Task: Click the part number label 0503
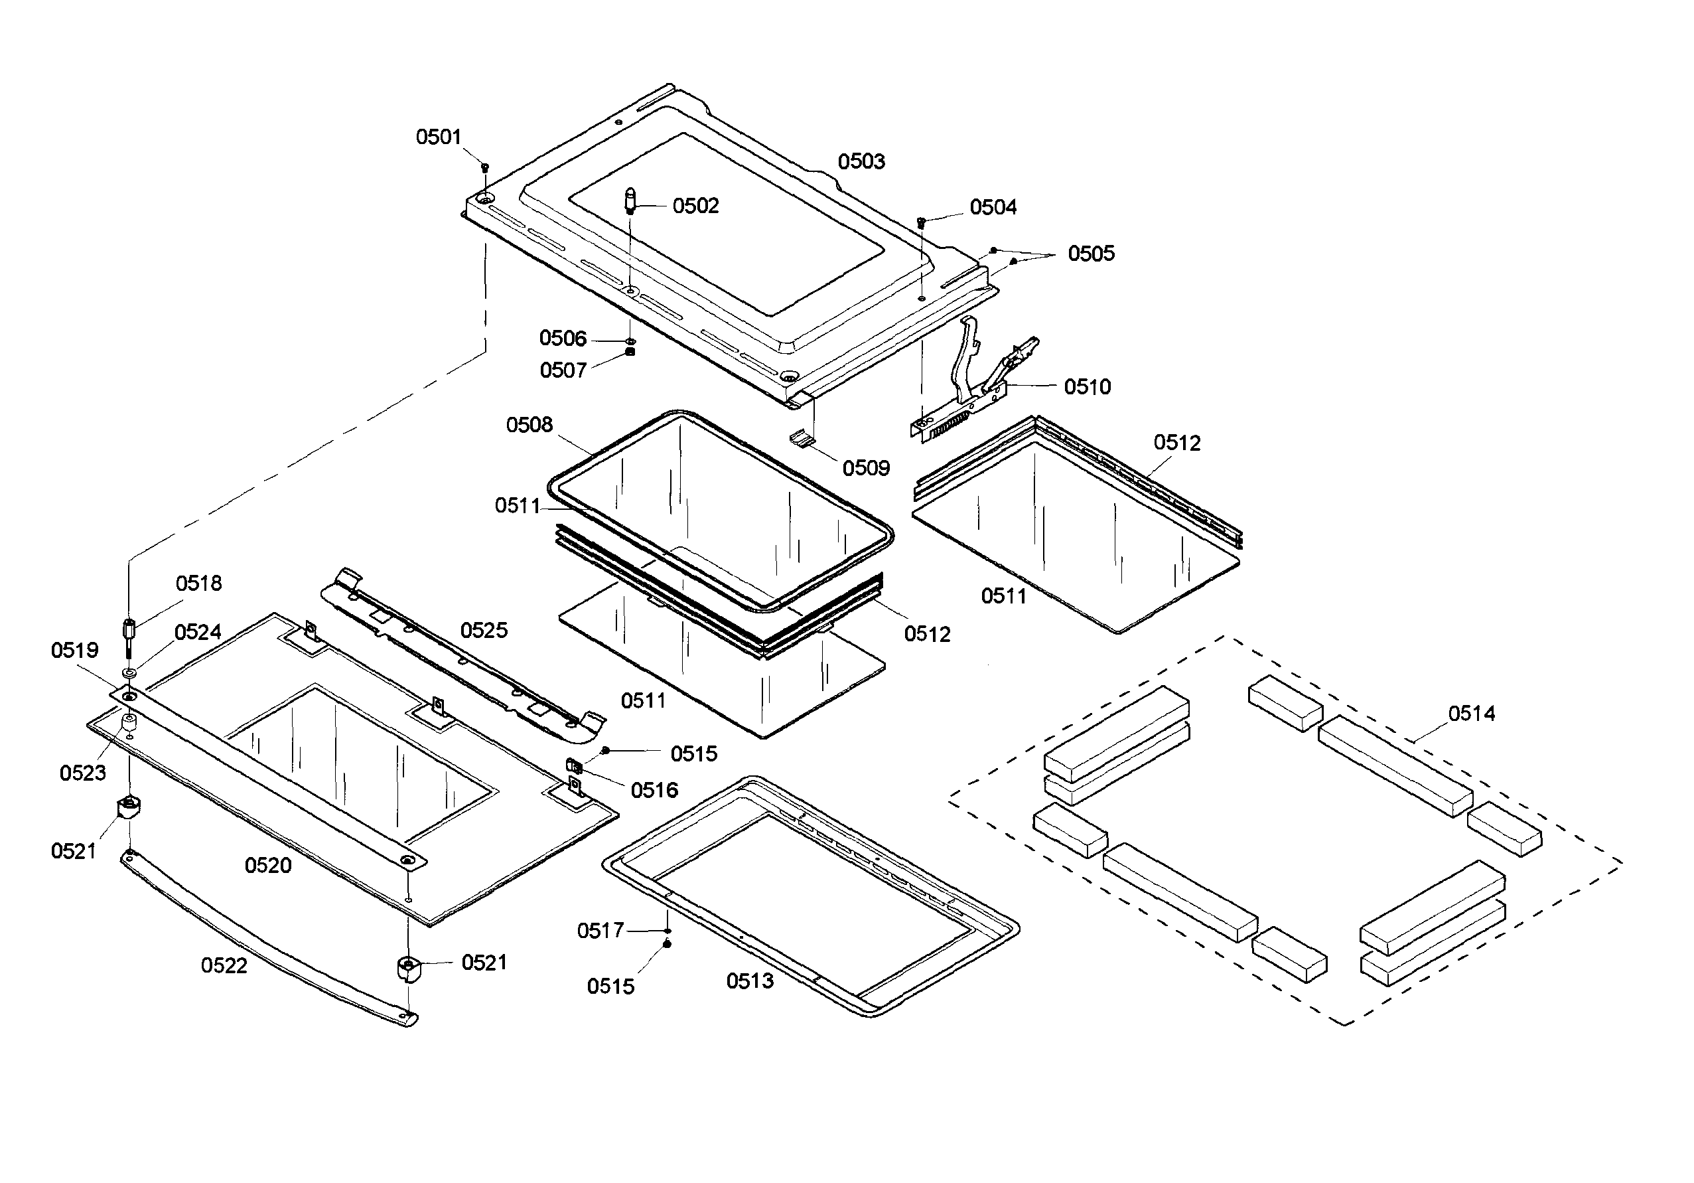861,161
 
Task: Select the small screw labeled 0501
485,167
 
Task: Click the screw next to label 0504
921,221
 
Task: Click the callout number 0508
529,424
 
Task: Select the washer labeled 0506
630,342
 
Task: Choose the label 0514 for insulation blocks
1471,713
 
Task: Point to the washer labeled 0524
130,673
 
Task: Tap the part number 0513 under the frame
750,980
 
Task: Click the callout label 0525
483,629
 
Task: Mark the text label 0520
268,865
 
